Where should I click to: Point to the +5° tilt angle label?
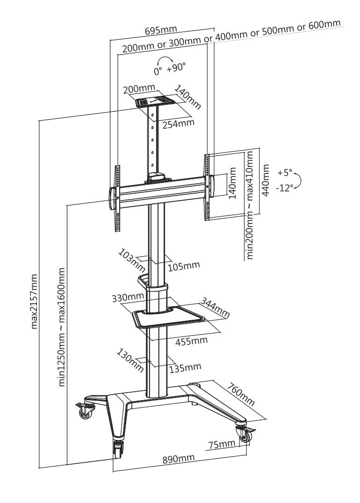click(x=284, y=172)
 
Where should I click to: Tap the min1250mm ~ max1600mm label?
click(x=62, y=327)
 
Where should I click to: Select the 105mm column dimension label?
click(x=184, y=266)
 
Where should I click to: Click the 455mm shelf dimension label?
click(x=191, y=341)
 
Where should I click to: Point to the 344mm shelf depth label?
click(x=215, y=307)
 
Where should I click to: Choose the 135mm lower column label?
click(x=185, y=367)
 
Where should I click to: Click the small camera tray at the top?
click(x=155, y=101)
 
